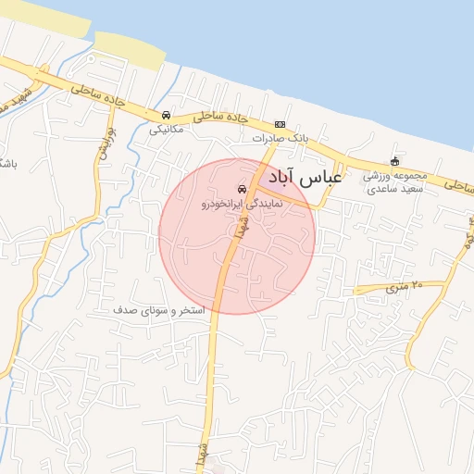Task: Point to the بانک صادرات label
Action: click(280, 138)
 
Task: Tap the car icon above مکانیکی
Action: click(166, 115)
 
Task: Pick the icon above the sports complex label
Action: click(395, 161)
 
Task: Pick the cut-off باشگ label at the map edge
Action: click(7, 164)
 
